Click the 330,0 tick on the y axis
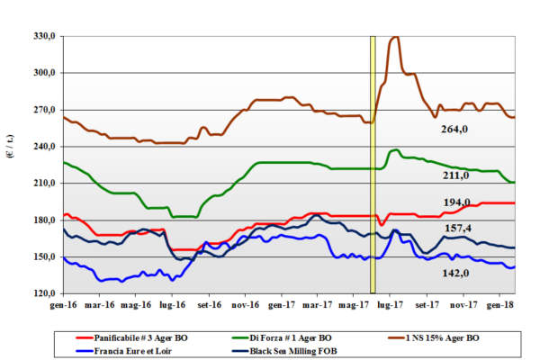[x=45, y=36]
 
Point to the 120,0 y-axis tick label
[x=45, y=293]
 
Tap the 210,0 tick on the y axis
[x=45, y=183]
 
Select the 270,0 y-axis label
[x=45, y=110]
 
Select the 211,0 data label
[x=458, y=175]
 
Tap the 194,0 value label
[x=458, y=202]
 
